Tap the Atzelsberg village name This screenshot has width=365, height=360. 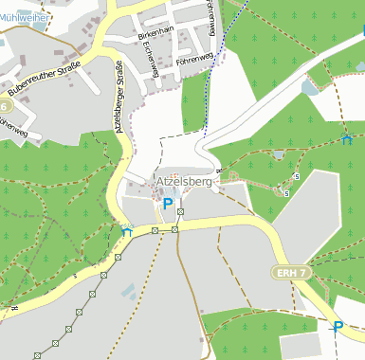pos(186,180)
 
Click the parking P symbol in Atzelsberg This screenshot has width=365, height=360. pos(168,203)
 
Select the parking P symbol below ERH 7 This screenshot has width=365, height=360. pos(338,327)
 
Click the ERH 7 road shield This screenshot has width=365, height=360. pos(294,273)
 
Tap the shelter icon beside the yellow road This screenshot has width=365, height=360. pos(127,230)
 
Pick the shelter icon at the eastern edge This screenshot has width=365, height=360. pos(346,139)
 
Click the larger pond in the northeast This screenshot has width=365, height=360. pos(309,87)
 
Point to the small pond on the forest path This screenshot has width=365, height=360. pos(278,153)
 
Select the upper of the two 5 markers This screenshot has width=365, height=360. pos(298,177)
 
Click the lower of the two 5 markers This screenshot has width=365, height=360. pos(287,193)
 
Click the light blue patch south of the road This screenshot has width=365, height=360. pos(129,290)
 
